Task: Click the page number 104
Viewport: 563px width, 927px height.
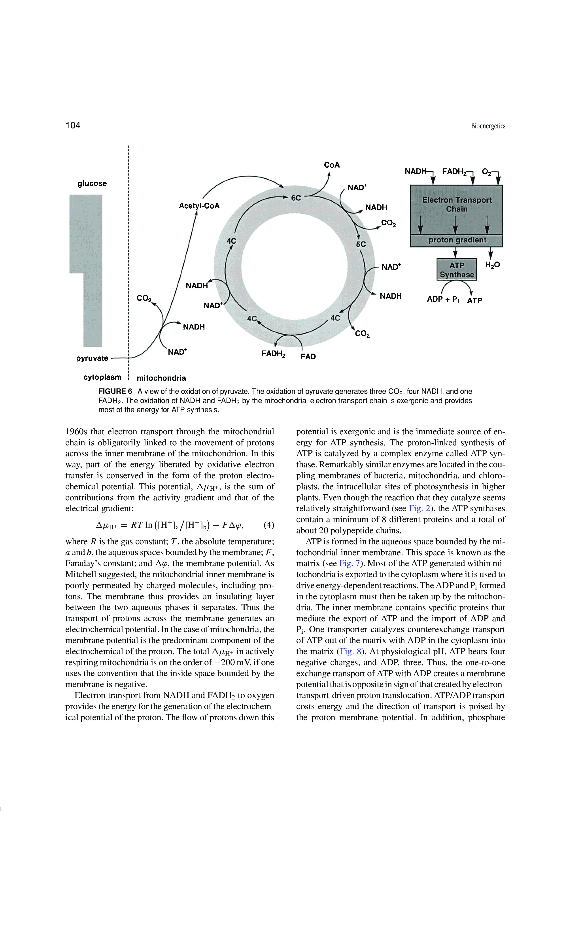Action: [x=73, y=125]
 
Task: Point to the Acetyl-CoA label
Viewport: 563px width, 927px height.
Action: [x=199, y=206]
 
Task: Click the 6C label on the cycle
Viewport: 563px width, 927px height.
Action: [x=296, y=198]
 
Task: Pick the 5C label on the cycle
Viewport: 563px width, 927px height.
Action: [x=361, y=244]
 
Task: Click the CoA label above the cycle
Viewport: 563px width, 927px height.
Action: [x=332, y=165]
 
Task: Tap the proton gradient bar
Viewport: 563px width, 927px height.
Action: [x=457, y=240]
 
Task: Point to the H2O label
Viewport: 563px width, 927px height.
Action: [x=492, y=265]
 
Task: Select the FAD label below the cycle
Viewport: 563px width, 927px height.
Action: [x=308, y=357]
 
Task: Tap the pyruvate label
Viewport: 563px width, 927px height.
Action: [x=92, y=358]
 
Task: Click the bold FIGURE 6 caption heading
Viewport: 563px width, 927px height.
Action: [x=115, y=391]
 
